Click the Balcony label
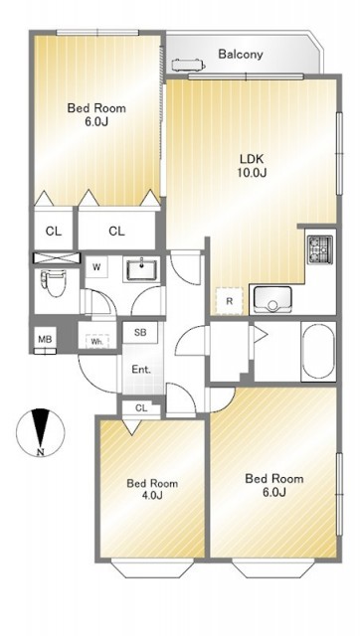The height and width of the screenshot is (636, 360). point(241,54)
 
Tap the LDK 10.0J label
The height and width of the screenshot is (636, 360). point(252,166)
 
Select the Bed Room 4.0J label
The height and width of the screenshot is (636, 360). point(152,489)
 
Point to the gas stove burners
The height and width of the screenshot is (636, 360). point(320,249)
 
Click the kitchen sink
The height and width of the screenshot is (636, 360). point(272,299)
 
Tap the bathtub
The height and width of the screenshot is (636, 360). point(318,352)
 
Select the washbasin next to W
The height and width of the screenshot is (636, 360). point(142,269)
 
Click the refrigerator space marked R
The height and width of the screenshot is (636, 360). point(230,301)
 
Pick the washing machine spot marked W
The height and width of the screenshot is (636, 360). point(96,267)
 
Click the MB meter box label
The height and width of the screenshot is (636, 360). point(45,339)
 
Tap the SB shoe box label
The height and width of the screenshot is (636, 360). point(140,333)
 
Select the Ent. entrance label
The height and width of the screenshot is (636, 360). point(141,370)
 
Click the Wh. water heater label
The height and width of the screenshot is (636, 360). point(97,342)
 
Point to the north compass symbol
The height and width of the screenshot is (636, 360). point(40,433)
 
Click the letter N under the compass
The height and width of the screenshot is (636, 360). point(40,453)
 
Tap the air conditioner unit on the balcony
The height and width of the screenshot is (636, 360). point(189,65)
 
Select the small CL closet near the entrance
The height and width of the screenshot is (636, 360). point(141,408)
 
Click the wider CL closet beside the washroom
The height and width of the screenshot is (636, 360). point(117,231)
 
